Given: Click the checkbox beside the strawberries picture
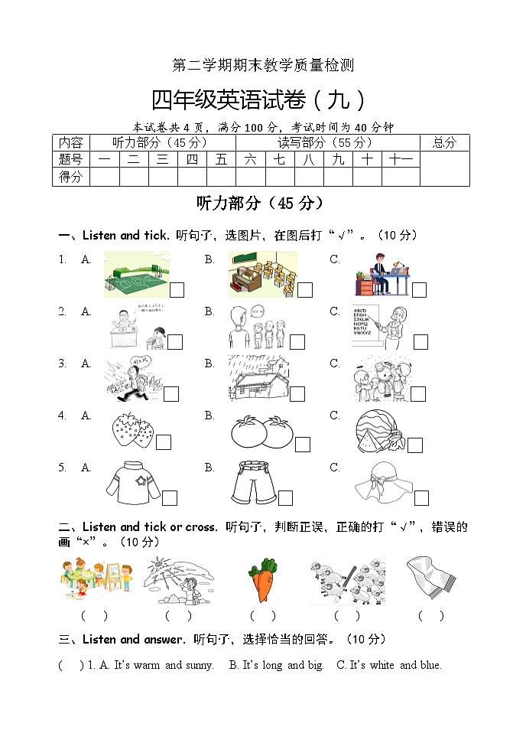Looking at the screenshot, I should pyautogui.click(x=164, y=442).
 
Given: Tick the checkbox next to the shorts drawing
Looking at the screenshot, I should pyautogui.click(x=285, y=498).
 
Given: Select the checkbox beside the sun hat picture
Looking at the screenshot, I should pyautogui.click(x=421, y=498).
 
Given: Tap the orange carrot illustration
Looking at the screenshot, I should pyautogui.click(x=263, y=580).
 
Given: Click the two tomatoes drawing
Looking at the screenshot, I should pyautogui.click(x=261, y=432).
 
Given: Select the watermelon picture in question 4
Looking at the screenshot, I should pyautogui.click(x=380, y=432).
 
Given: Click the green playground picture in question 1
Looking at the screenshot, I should pyautogui.click(x=136, y=275).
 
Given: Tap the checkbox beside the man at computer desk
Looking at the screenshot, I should pyautogui.click(x=419, y=290).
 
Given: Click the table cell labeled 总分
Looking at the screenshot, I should pyautogui.click(x=444, y=142).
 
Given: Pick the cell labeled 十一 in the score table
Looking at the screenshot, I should pyautogui.click(x=401, y=159).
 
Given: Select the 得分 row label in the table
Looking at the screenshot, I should pyautogui.click(x=70, y=177).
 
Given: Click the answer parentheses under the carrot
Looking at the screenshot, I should pyautogui.click(x=262, y=615).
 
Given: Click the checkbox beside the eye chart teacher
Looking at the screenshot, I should pyautogui.click(x=420, y=342).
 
